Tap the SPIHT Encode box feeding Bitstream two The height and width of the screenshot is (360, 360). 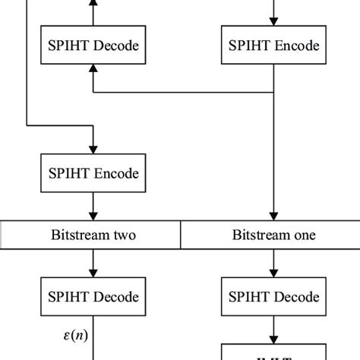tap(92, 174)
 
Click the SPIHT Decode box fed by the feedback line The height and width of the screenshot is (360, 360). tap(92, 46)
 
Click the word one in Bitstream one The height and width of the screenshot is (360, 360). tap(304, 235)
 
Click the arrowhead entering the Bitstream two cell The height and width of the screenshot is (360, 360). tap(92, 216)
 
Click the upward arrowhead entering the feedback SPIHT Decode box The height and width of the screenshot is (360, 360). tap(92, 71)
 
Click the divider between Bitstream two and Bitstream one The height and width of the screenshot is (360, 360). tap(180, 235)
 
